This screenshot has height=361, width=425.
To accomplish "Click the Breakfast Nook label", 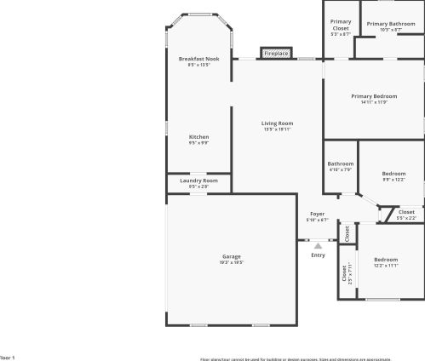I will pos(198,59).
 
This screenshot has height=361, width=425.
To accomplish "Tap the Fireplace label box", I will pos(276,54).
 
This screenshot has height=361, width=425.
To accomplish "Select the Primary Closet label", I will pos(341,25).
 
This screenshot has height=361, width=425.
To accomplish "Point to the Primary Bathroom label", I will pos(391,23).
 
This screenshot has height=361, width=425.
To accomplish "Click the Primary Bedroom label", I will pos(374,96).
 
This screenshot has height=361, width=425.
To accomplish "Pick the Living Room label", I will pos(277,123).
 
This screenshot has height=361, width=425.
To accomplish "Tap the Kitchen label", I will pos(198,137).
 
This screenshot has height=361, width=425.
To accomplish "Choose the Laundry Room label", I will pos(198,180).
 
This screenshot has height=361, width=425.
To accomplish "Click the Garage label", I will pos(232,256).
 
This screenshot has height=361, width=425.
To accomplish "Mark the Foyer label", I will pos(317,214).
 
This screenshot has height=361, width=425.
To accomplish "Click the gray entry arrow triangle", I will pos(318,245).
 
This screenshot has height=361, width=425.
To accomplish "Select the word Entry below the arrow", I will pos(318,255).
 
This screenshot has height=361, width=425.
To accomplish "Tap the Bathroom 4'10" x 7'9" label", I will pos(341,163).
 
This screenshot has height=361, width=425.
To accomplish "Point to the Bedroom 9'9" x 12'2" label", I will pos(393,173).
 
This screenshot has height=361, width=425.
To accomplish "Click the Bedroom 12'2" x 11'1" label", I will pos(386,259).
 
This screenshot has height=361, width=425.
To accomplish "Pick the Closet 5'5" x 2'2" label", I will pos(406,212).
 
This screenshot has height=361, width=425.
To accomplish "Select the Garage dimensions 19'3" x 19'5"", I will pos(232,262).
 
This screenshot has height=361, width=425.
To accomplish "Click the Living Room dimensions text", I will pos(277,129).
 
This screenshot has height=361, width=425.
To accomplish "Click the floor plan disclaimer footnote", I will pos(307,358).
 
